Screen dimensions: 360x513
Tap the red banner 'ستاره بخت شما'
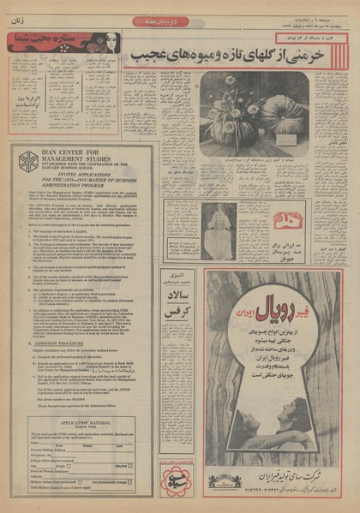(x=51, y=41)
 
